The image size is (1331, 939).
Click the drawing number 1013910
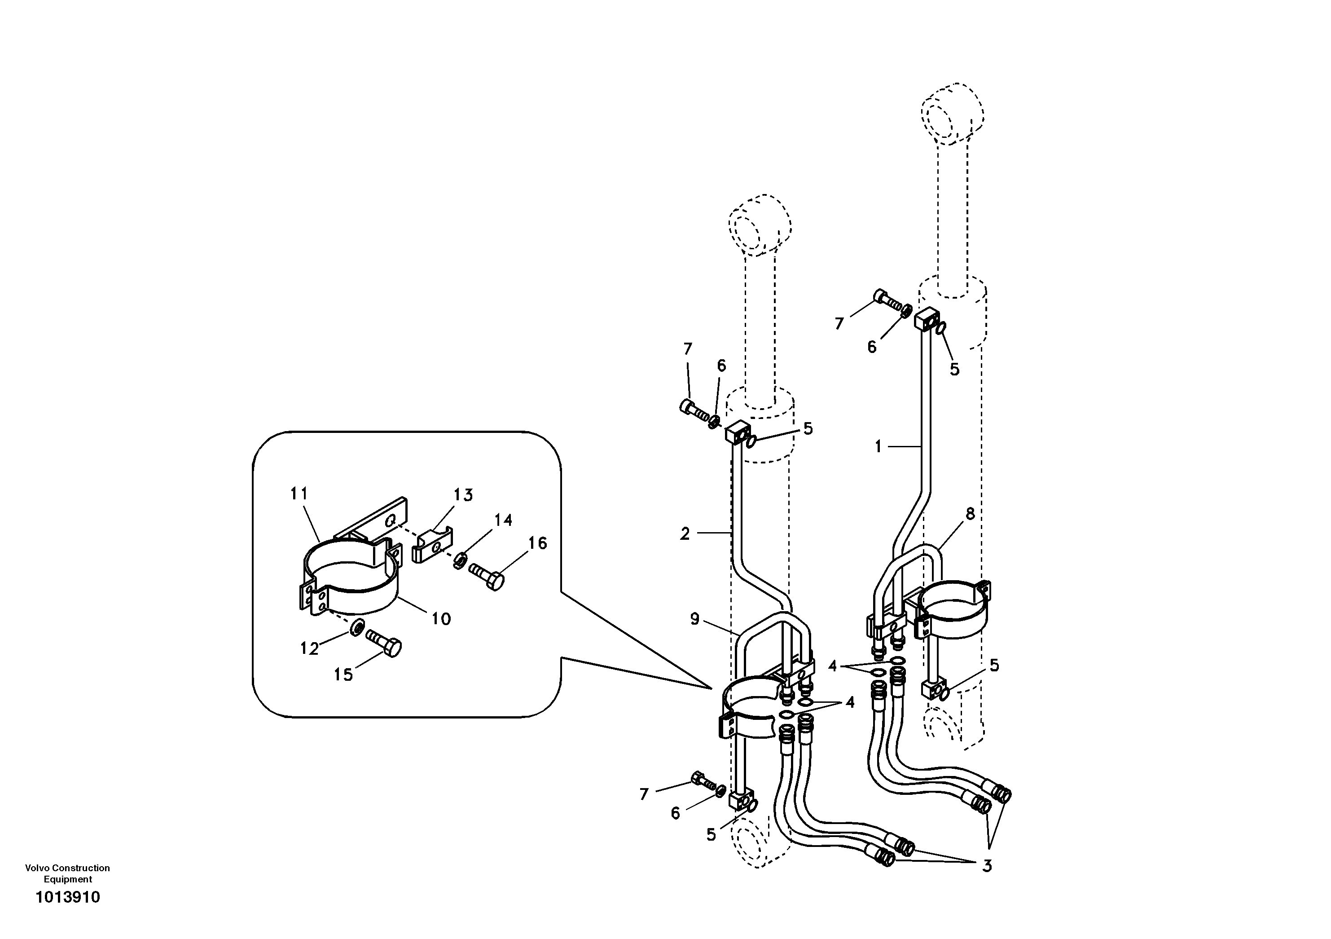(68, 897)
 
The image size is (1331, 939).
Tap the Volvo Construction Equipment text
(67, 873)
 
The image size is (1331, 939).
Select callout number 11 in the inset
(299, 494)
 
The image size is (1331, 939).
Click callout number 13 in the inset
(463, 495)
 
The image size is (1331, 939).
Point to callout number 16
(538, 543)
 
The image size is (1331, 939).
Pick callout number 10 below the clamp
(441, 619)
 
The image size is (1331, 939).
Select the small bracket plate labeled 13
(432, 546)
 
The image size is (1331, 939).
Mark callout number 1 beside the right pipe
(878, 446)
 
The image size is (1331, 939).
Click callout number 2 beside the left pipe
(685, 533)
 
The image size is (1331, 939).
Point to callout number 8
(970, 513)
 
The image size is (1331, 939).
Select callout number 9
(695, 619)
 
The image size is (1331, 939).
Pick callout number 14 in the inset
(503, 520)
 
